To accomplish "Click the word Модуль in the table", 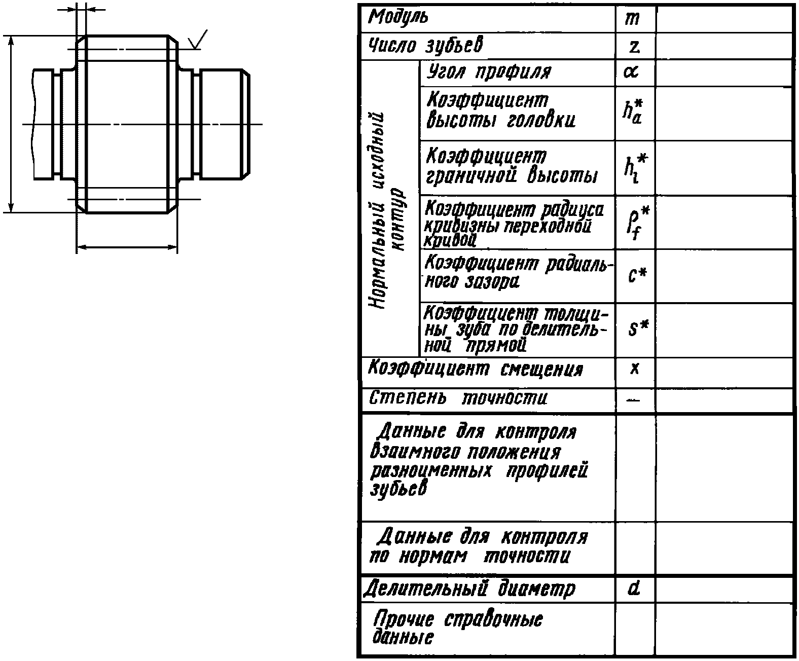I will click(398, 18).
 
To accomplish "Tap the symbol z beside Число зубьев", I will click(634, 47).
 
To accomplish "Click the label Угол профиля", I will click(489, 72).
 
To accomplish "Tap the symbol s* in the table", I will click(638, 329).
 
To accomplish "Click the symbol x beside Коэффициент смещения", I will click(634, 369).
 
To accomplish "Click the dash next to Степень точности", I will click(633, 400).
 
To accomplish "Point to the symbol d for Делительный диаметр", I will click(633, 589).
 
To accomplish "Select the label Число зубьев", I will click(425, 46).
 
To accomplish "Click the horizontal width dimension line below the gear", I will click(127, 247).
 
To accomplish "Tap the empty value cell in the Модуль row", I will click(723, 19).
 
